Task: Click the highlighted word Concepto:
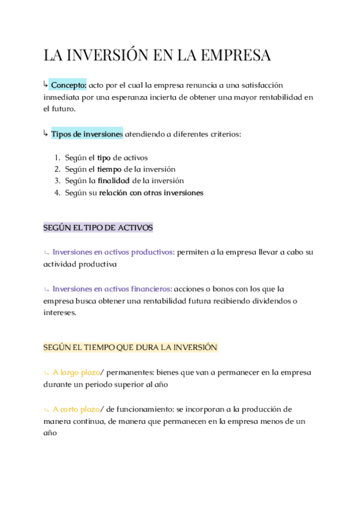coord(68,85)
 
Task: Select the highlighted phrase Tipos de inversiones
coord(87,134)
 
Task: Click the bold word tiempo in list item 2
coord(110,169)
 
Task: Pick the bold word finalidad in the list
coord(113,181)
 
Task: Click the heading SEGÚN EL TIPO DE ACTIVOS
coord(98,227)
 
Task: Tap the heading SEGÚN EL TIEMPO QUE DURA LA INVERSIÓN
coord(130,347)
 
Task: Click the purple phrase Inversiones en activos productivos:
coord(113,252)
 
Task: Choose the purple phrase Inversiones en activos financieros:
coord(112,289)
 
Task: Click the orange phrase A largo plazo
coord(76,372)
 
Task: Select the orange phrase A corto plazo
coord(76,409)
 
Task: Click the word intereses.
coord(59,312)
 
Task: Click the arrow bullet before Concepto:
coord(46,85)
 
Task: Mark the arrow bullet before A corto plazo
coord(46,409)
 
